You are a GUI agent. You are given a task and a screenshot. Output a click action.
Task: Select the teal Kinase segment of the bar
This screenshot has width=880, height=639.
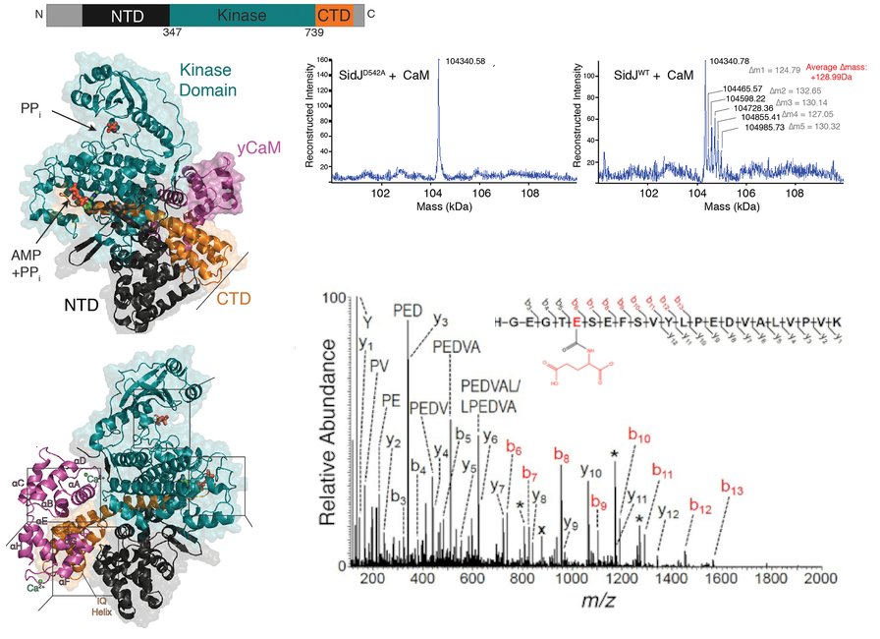[242, 15]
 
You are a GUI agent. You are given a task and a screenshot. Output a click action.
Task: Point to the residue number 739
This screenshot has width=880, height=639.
[313, 33]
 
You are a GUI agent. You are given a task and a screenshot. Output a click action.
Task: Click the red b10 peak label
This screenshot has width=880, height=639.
[639, 436]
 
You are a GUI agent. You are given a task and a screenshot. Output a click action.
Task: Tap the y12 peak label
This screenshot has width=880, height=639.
[669, 511]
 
